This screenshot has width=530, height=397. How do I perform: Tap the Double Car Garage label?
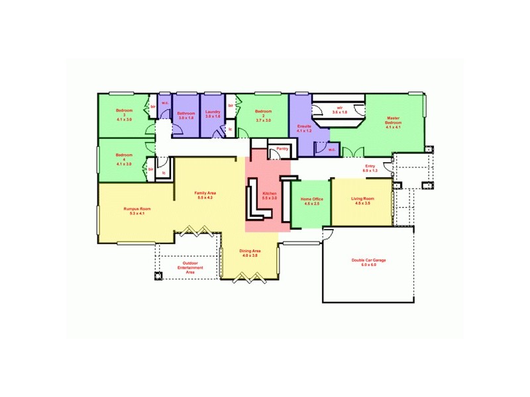pos(368,263)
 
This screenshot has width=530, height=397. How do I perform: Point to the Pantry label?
pos(282,149)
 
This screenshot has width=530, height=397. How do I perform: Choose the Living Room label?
pos(362,201)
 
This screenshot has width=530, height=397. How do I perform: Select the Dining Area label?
pos(249,253)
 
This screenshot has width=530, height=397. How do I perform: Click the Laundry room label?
pos(213,114)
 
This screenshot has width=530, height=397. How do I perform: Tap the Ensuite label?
pos(304,128)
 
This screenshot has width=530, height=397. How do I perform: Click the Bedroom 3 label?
pos(125,114)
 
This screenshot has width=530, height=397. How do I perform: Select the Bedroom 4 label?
pos(125,159)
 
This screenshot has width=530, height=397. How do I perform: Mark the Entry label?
pos(370,168)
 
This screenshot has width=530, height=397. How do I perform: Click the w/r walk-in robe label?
pos(339,110)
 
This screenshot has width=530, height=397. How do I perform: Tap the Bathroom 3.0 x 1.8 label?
pos(185,116)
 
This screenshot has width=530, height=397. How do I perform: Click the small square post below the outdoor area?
pos(158,276)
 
